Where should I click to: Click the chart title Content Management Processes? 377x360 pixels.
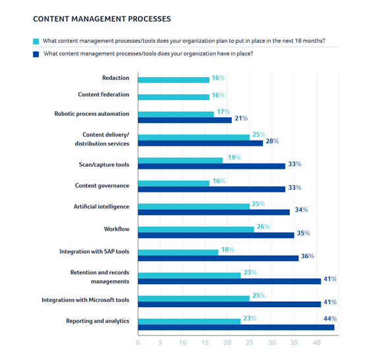102,18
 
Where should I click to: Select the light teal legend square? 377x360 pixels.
36,42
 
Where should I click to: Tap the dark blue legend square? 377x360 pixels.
36,54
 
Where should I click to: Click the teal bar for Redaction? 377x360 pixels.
173,80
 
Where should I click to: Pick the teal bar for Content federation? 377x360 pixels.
173,97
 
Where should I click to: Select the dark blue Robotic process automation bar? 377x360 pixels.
185,120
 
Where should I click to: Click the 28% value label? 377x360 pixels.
272,141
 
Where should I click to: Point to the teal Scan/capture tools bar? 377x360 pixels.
181,160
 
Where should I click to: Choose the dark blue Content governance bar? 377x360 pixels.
212,189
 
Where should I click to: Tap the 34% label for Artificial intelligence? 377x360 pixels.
301,210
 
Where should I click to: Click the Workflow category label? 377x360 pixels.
117,229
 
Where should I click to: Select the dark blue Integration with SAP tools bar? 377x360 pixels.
218,258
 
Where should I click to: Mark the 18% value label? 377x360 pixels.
227,250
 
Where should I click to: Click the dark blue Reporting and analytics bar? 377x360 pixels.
236,327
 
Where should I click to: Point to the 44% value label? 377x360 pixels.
330,318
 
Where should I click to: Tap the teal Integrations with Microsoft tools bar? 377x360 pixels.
194,299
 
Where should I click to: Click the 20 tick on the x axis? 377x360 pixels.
227,343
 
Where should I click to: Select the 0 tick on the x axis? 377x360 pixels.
138,343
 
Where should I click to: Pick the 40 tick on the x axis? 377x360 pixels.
316,343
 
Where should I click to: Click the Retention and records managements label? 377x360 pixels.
100,277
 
